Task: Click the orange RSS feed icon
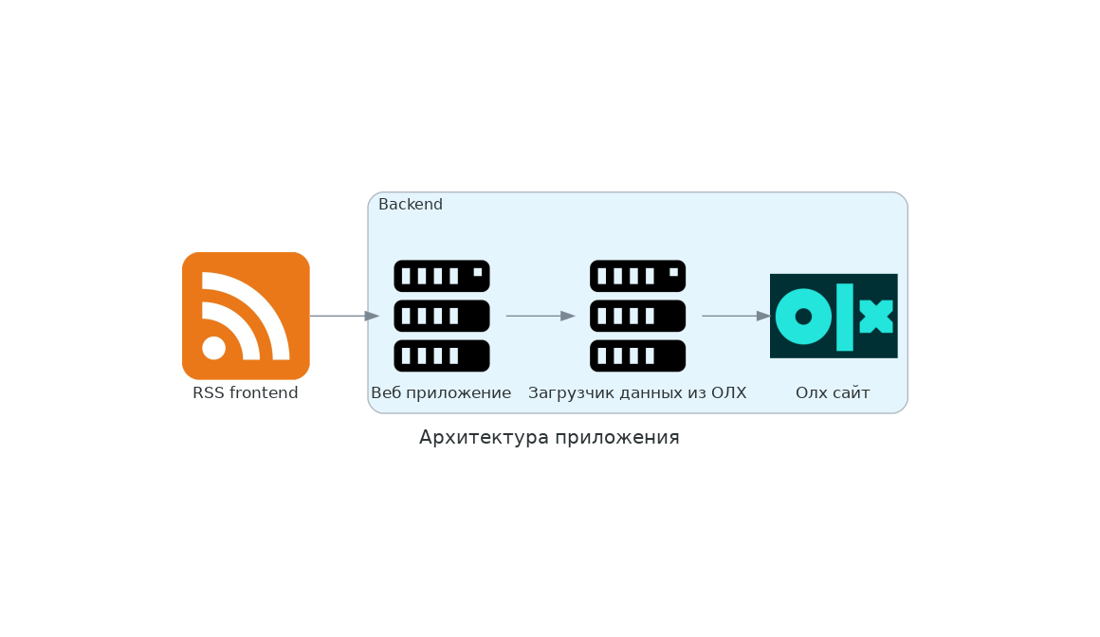[x=246, y=316]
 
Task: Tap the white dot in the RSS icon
[x=214, y=348]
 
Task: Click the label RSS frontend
[x=246, y=393]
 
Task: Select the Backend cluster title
[x=411, y=205]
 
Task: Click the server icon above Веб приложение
[x=442, y=316]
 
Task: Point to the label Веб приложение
[x=441, y=393]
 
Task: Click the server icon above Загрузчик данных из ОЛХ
[x=637, y=316]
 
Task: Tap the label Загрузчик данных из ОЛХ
[x=637, y=393]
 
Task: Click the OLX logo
[x=834, y=316]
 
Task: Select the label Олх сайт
[x=833, y=393]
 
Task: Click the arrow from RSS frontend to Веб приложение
[x=343, y=316]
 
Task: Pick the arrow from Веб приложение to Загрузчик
[x=541, y=316]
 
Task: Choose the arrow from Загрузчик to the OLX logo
[x=736, y=316]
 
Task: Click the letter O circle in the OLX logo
[x=803, y=317]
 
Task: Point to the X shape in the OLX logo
[x=876, y=317]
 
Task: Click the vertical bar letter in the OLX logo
[x=844, y=317]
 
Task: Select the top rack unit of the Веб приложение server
[x=442, y=276]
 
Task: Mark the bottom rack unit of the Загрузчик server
[x=637, y=355]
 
